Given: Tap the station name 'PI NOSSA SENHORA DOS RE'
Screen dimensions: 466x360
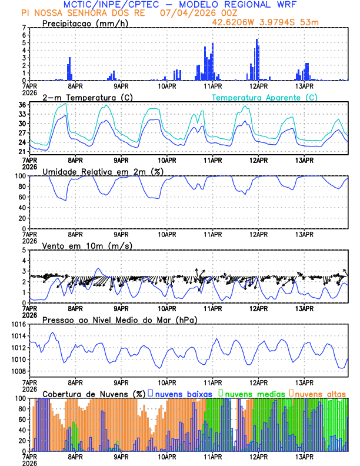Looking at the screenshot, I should [82, 13].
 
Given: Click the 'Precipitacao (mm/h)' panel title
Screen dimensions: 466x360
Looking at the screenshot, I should [85, 23].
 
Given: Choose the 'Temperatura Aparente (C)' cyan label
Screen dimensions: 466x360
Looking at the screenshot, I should [264, 97].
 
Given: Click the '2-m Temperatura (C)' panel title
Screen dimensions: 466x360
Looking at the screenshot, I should [84, 97].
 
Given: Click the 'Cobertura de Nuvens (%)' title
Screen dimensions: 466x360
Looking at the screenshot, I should [94, 394].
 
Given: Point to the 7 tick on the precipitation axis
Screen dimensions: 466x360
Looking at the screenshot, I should [24, 28].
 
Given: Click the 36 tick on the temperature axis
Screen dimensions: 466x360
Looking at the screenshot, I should [22, 105].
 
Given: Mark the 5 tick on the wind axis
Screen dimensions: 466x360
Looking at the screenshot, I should [24, 250].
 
